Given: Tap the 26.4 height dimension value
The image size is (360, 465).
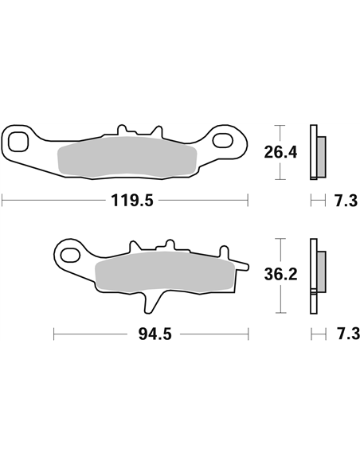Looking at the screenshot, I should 281,151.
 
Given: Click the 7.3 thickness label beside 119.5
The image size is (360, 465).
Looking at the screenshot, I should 345,201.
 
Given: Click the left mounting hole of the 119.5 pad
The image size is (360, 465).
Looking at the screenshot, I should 20,143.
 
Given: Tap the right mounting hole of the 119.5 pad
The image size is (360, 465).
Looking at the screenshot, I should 231,143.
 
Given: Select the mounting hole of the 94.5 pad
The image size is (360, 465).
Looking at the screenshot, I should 71,256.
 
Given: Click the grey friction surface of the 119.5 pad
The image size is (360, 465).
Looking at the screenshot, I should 131,159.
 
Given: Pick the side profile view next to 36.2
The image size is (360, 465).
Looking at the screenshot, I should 315,275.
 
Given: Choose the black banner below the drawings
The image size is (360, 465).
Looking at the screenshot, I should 180,403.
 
